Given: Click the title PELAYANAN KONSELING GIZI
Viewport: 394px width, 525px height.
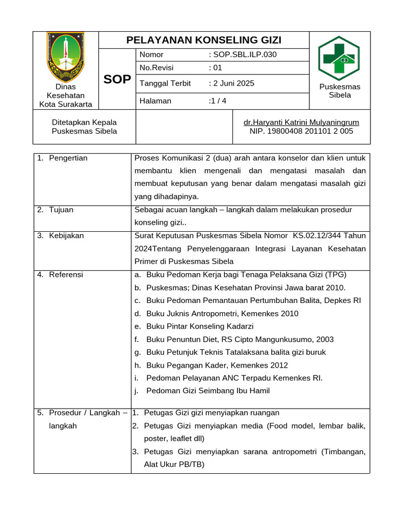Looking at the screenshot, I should [204, 41].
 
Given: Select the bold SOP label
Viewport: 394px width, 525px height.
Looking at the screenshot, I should [117, 79].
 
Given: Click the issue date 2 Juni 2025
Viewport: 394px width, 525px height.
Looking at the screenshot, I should [233, 83].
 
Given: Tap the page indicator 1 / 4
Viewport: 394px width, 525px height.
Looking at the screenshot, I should [218, 101].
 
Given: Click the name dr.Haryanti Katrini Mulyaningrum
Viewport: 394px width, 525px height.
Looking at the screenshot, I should [301, 122].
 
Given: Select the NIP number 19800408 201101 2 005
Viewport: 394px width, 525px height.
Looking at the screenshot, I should [301, 131].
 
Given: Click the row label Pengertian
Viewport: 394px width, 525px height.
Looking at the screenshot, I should [68, 158].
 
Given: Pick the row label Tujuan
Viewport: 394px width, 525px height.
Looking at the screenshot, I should [61, 210].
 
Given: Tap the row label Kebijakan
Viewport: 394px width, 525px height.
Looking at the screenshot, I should [66, 236].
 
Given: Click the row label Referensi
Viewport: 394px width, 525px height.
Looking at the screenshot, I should [66, 275].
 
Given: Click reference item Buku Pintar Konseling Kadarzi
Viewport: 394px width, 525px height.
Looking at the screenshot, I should [200, 327].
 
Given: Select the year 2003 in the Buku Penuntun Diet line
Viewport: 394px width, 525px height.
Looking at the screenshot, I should [323, 339].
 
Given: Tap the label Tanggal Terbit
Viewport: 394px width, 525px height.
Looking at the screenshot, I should [165, 83].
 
